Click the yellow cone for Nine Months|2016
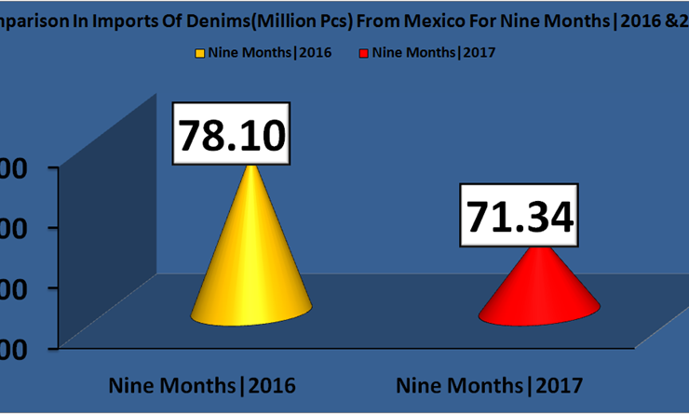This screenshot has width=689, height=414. point(252,270)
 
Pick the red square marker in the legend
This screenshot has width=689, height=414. point(362,53)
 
